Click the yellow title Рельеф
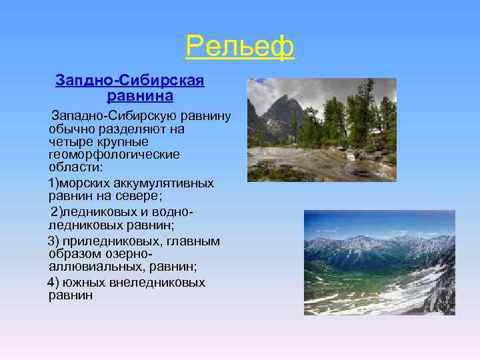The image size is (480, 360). (239, 46)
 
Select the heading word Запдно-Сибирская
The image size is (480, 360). (130, 81)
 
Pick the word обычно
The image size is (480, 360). (69, 129)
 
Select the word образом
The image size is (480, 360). (73, 253)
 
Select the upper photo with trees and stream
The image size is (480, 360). (321, 129)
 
